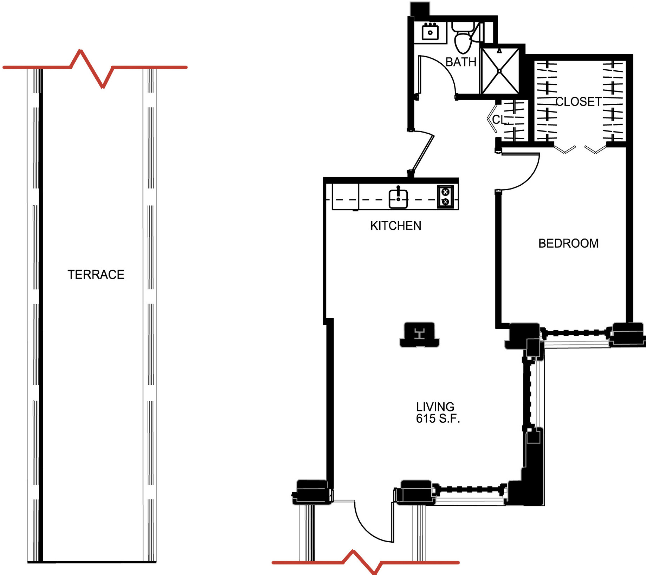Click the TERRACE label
(96, 274)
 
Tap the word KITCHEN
(396, 225)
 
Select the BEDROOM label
(568, 243)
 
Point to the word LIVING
(435, 407)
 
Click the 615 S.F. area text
(438, 419)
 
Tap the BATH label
(461, 62)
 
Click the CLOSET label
(579, 102)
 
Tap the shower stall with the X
(499, 71)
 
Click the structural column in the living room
(419, 334)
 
